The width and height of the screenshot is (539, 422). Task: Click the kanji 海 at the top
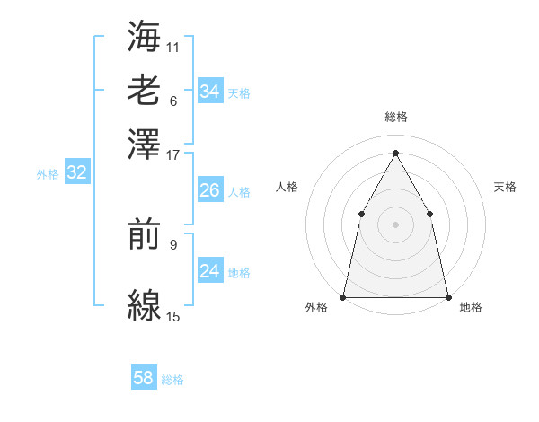[144, 36]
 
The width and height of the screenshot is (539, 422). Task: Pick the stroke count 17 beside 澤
[173, 154]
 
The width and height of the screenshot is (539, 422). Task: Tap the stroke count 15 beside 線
[173, 317]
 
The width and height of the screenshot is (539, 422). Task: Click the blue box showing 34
[209, 92]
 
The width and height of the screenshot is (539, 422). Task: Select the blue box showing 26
[209, 190]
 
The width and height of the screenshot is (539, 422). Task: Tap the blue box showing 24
[209, 271]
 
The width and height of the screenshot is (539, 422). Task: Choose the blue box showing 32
[76, 173]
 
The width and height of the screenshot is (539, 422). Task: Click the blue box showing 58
[144, 378]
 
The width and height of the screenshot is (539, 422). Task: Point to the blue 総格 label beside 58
[172, 380]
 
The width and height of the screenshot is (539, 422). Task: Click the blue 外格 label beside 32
[48, 174]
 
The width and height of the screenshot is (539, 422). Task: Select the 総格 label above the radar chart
[395, 118]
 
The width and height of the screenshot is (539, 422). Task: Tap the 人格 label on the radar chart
[287, 187]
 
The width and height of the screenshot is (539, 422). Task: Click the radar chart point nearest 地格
[447, 296]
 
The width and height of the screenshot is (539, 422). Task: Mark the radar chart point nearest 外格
[343, 296]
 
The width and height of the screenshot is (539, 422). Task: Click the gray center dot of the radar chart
[395, 224]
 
